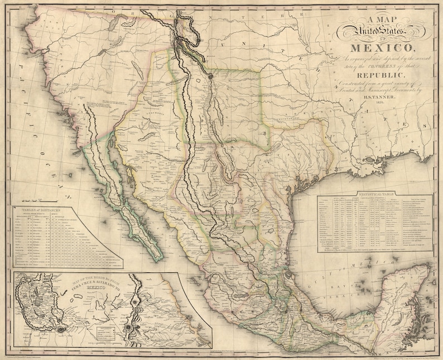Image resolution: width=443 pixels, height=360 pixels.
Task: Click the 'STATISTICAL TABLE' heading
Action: point(373,193)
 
